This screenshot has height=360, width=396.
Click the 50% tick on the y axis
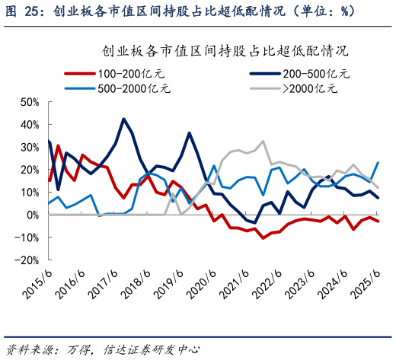click(29, 102)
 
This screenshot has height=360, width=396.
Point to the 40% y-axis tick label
click(29, 125)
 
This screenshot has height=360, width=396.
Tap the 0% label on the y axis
click(32, 215)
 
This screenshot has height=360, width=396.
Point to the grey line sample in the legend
click(265, 88)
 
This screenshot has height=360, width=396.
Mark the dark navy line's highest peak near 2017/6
click(123, 119)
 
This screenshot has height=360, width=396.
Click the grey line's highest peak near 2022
click(263, 141)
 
